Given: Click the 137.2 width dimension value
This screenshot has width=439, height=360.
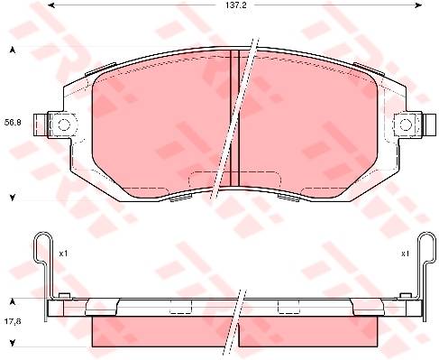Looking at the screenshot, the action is [x=235, y=5].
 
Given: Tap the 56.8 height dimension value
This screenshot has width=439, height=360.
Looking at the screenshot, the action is [x=13, y=123].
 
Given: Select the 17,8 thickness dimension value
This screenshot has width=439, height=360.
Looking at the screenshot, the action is [x=13, y=321].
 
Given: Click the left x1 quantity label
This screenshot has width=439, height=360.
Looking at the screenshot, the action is [x=63, y=254].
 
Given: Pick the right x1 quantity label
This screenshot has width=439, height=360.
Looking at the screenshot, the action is [x=405, y=254].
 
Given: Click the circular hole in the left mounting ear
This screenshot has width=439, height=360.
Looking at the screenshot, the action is [x=63, y=125].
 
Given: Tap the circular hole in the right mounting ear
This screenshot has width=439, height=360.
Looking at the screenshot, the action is [x=406, y=125].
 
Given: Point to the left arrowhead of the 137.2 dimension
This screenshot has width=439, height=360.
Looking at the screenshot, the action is [x=51, y=5].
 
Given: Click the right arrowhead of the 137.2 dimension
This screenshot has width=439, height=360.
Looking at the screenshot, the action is [x=418, y=5].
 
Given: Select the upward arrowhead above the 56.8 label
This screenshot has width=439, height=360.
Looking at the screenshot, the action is [x=13, y=51].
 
